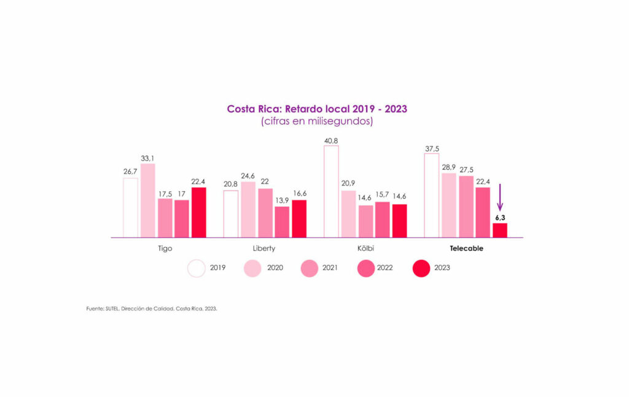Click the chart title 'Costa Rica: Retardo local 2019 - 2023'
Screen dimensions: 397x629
pyautogui.click(x=317, y=109)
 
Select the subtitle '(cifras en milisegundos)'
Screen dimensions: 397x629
pyautogui.click(x=317, y=122)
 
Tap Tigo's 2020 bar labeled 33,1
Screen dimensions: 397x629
pyautogui.click(x=148, y=200)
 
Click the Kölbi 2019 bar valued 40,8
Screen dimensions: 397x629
pyautogui.click(x=331, y=191)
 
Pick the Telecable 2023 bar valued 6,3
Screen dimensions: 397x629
pyautogui.click(x=500, y=230)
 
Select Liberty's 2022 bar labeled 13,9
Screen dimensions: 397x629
pyautogui.click(x=282, y=222)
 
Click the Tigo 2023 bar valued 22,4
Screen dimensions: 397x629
pyautogui.click(x=199, y=212)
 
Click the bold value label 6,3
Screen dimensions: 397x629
pyautogui.click(x=500, y=217)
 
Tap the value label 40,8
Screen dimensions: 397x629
pyautogui.click(x=331, y=140)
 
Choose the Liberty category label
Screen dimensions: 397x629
pyautogui.click(x=264, y=248)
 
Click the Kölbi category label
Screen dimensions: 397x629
pyautogui.click(x=365, y=248)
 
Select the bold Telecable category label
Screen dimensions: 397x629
pyautogui.click(x=466, y=248)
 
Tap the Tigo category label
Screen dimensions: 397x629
pyautogui.click(x=165, y=248)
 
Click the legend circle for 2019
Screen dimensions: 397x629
pyautogui.click(x=197, y=268)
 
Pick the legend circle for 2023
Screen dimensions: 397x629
pyautogui.click(x=421, y=268)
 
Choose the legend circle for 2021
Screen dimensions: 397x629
pyautogui.click(x=309, y=268)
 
